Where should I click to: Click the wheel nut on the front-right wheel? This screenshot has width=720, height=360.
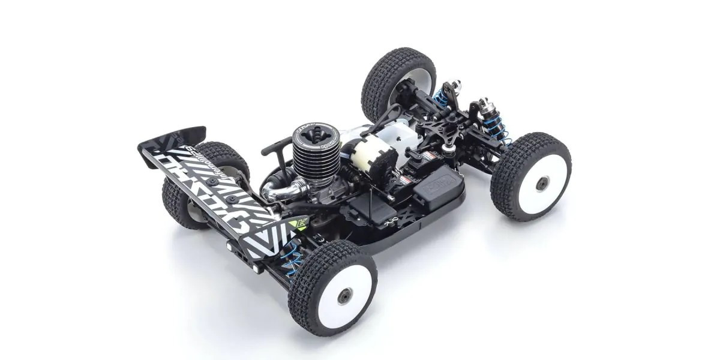pyautogui.click(x=542, y=183)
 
